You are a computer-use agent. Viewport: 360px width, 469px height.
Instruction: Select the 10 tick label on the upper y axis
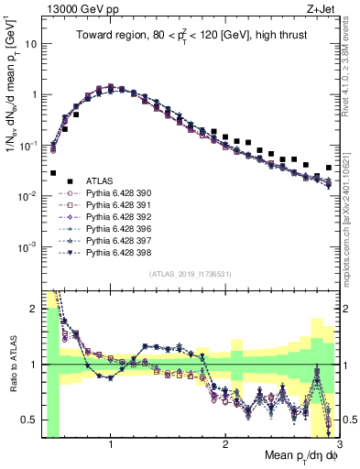point(31,43)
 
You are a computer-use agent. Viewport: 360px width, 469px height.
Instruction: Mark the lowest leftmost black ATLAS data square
point(53,172)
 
